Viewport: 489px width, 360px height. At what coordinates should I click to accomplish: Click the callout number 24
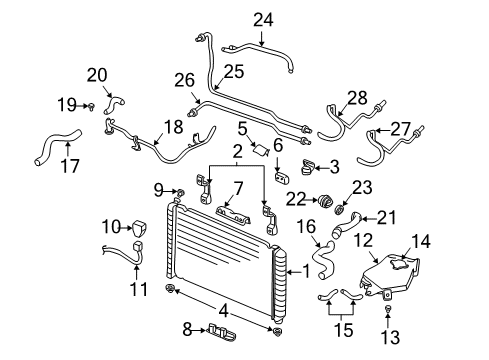[x=262, y=17]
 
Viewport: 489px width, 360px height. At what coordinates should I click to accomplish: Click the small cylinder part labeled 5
[x=260, y=152]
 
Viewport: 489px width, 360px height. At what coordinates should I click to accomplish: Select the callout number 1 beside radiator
[x=307, y=270]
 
